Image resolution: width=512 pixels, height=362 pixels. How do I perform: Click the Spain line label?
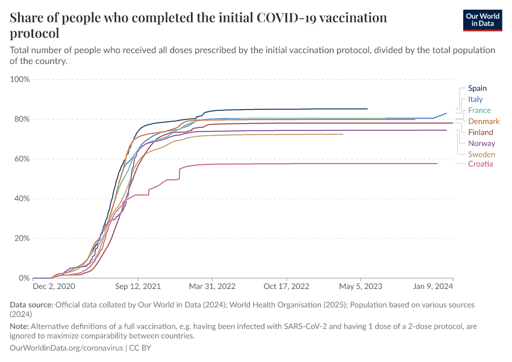coord(477,88)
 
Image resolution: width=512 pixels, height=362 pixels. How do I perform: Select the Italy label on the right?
coord(475,100)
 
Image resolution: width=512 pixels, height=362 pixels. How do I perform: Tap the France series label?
coord(479,110)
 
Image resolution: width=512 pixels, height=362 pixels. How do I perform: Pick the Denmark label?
coord(484,121)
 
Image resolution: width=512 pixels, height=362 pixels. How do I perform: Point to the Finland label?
coord(480,133)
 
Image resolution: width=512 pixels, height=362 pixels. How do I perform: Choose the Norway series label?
coord(481,144)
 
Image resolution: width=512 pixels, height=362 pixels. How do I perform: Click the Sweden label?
coord(481,154)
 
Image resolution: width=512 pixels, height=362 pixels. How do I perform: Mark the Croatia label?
coord(480,164)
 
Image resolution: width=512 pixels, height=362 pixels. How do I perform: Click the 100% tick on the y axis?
coord(20,79)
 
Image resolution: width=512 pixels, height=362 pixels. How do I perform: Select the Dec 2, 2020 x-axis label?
coord(54,287)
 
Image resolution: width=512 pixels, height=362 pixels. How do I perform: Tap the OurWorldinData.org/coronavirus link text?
coord(67,348)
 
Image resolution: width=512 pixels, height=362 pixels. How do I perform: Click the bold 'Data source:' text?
coord(32,305)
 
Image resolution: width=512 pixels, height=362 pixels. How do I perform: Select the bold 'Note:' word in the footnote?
coord(20,326)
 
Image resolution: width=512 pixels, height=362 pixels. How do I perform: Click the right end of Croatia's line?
coord(437,164)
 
